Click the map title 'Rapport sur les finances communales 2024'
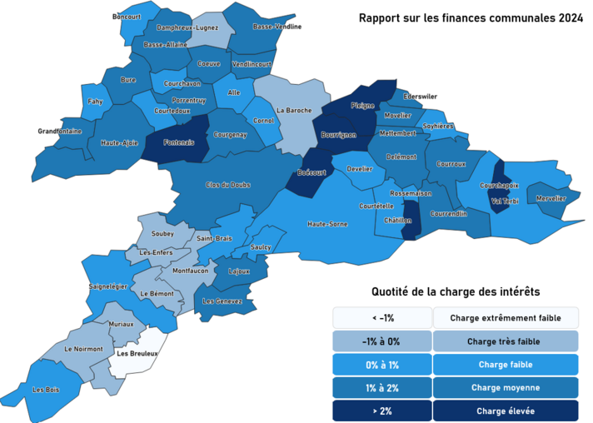[x=470, y=17]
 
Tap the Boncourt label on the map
[x=127, y=17]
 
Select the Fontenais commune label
[x=173, y=142]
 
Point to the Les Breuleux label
[x=137, y=353]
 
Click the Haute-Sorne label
[x=327, y=224]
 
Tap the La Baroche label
[x=294, y=110]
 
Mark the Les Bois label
[x=45, y=389]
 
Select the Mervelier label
[x=551, y=198]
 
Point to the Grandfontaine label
[x=60, y=131]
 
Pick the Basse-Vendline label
[x=277, y=27]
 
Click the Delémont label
[x=401, y=157]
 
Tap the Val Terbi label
[x=506, y=202]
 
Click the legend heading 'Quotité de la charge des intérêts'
[x=455, y=292]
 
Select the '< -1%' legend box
[x=382, y=318]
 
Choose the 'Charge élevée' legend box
[x=506, y=411]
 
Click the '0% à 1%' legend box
[x=382, y=365]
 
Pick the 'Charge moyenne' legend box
[x=506, y=387]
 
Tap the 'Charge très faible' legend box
[x=506, y=341]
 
